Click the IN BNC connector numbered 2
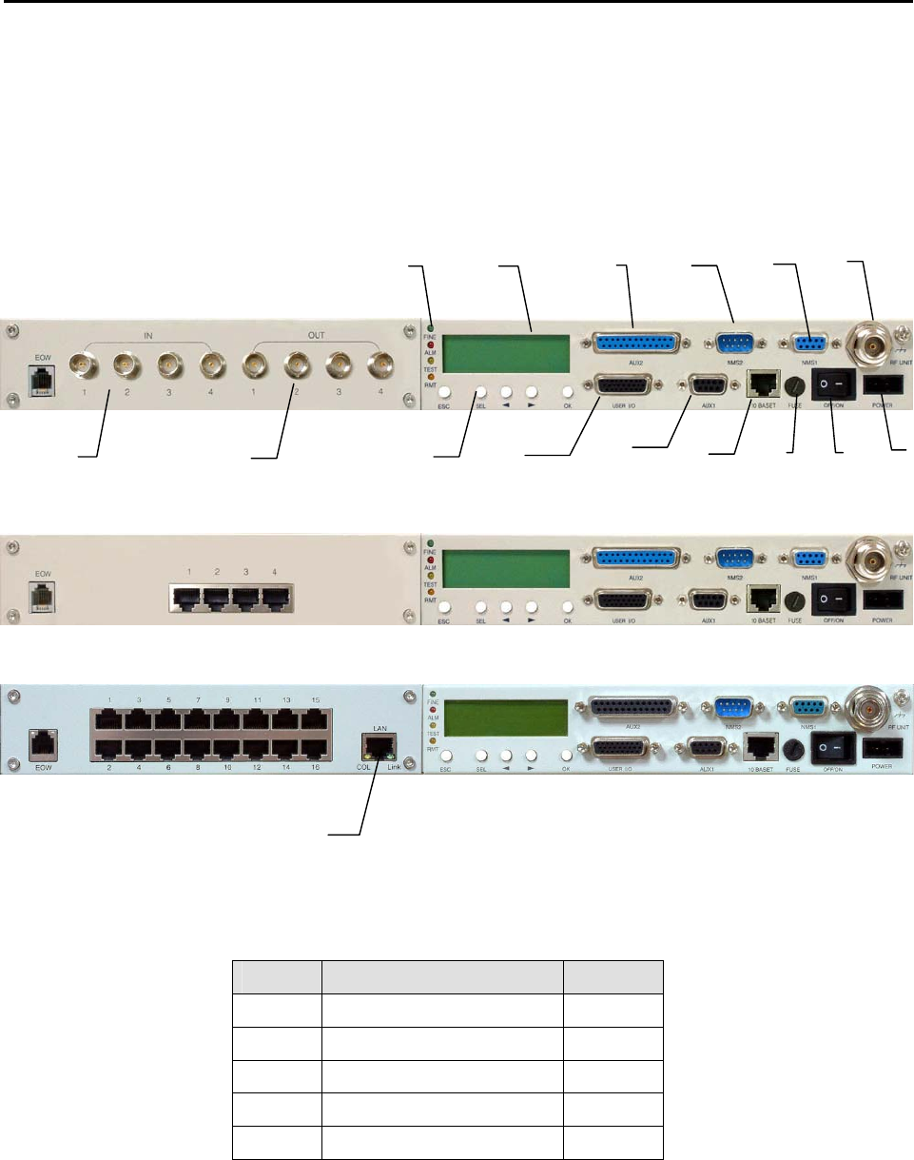click(126, 364)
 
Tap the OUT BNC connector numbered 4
click(383, 363)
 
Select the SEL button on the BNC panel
click(481, 392)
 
